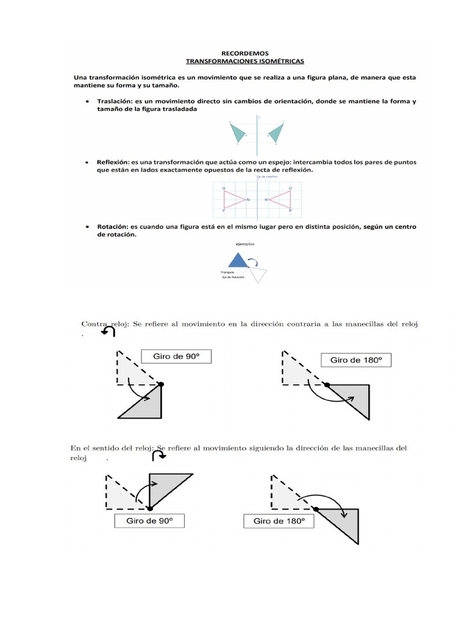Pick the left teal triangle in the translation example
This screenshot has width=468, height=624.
pyautogui.click(x=240, y=133)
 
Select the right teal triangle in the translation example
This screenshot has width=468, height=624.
pyautogui.click(x=277, y=132)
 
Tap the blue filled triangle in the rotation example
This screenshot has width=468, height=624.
pyautogui.click(x=239, y=261)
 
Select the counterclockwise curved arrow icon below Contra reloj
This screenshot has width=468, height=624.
pyautogui.click(x=108, y=331)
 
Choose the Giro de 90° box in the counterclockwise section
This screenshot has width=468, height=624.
pyautogui.click(x=176, y=356)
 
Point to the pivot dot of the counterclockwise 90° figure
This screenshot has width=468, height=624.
pyautogui.click(x=161, y=384)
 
